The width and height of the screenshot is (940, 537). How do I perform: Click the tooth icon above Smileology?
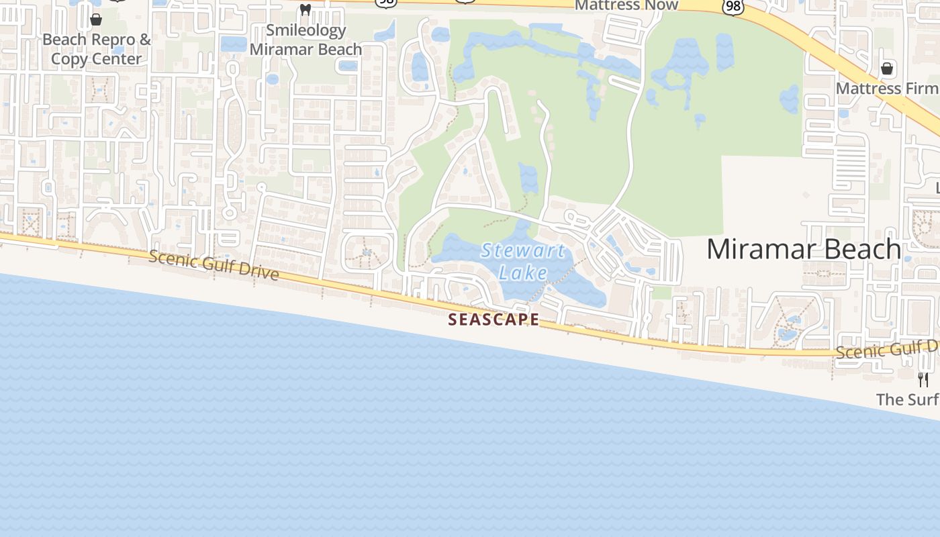(305, 10)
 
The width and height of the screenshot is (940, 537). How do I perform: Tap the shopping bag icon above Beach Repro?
(96, 19)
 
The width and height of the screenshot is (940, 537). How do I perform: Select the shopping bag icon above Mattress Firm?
(887, 68)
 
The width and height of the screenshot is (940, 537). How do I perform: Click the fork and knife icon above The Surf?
(923, 380)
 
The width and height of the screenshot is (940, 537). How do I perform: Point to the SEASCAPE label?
(493, 320)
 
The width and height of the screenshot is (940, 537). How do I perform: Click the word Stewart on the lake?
(523, 252)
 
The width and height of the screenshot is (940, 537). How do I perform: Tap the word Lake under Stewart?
(523, 273)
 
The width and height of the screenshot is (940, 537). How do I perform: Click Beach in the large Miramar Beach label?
(863, 250)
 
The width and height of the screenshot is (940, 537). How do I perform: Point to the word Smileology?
(306, 30)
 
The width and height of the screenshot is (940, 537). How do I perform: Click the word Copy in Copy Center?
(68, 59)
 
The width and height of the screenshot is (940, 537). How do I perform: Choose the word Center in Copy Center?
(115, 59)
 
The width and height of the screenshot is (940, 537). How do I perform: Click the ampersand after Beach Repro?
(146, 40)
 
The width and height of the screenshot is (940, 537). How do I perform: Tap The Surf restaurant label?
(907, 400)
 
